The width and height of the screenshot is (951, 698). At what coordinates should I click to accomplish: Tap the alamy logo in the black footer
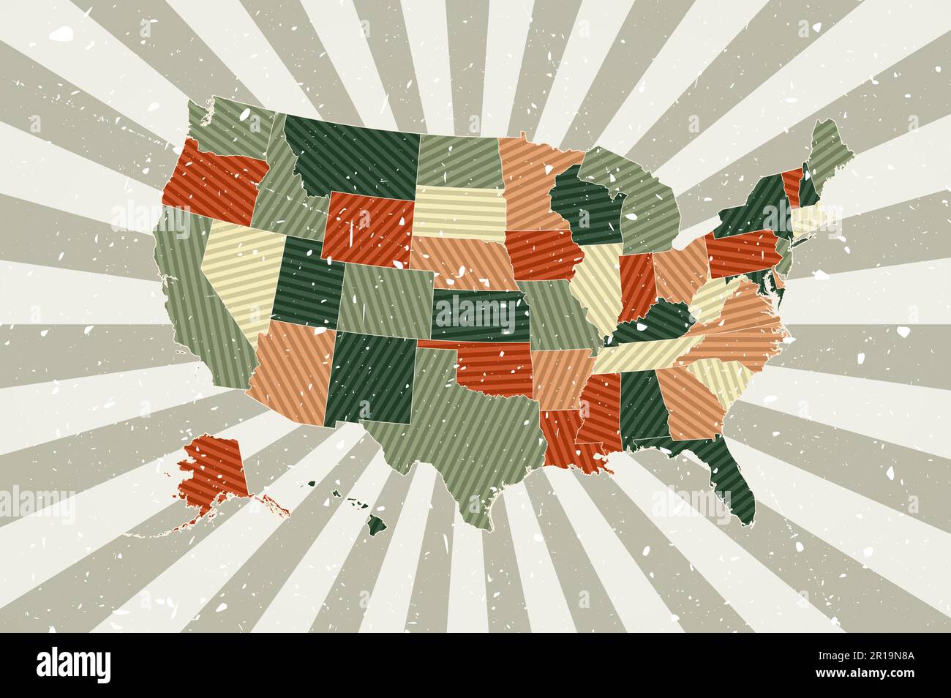click(x=74, y=664)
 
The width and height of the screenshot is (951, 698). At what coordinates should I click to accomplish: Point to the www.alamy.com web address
click(x=862, y=673)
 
